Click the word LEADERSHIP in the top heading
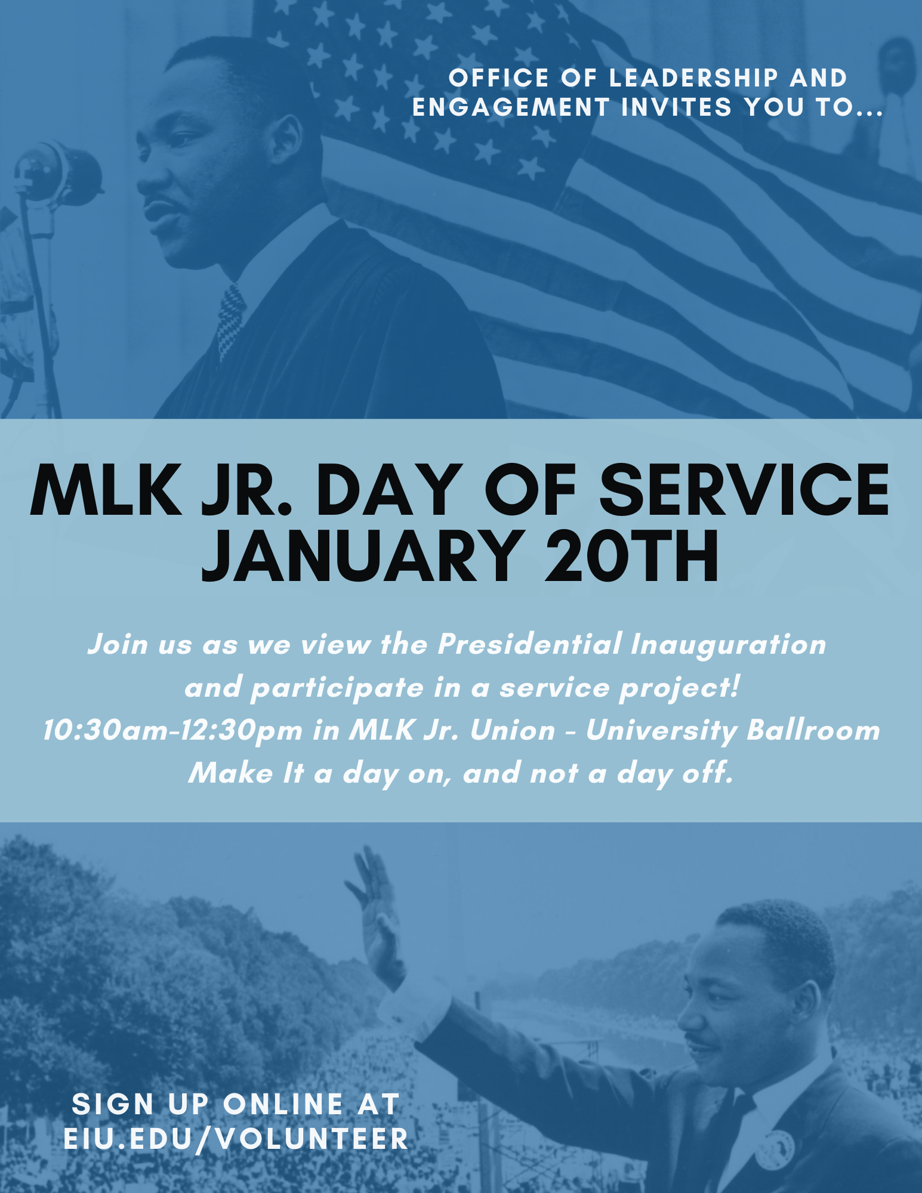[x=693, y=78]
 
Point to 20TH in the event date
[x=631, y=557]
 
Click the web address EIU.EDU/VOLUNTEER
[x=236, y=1139]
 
